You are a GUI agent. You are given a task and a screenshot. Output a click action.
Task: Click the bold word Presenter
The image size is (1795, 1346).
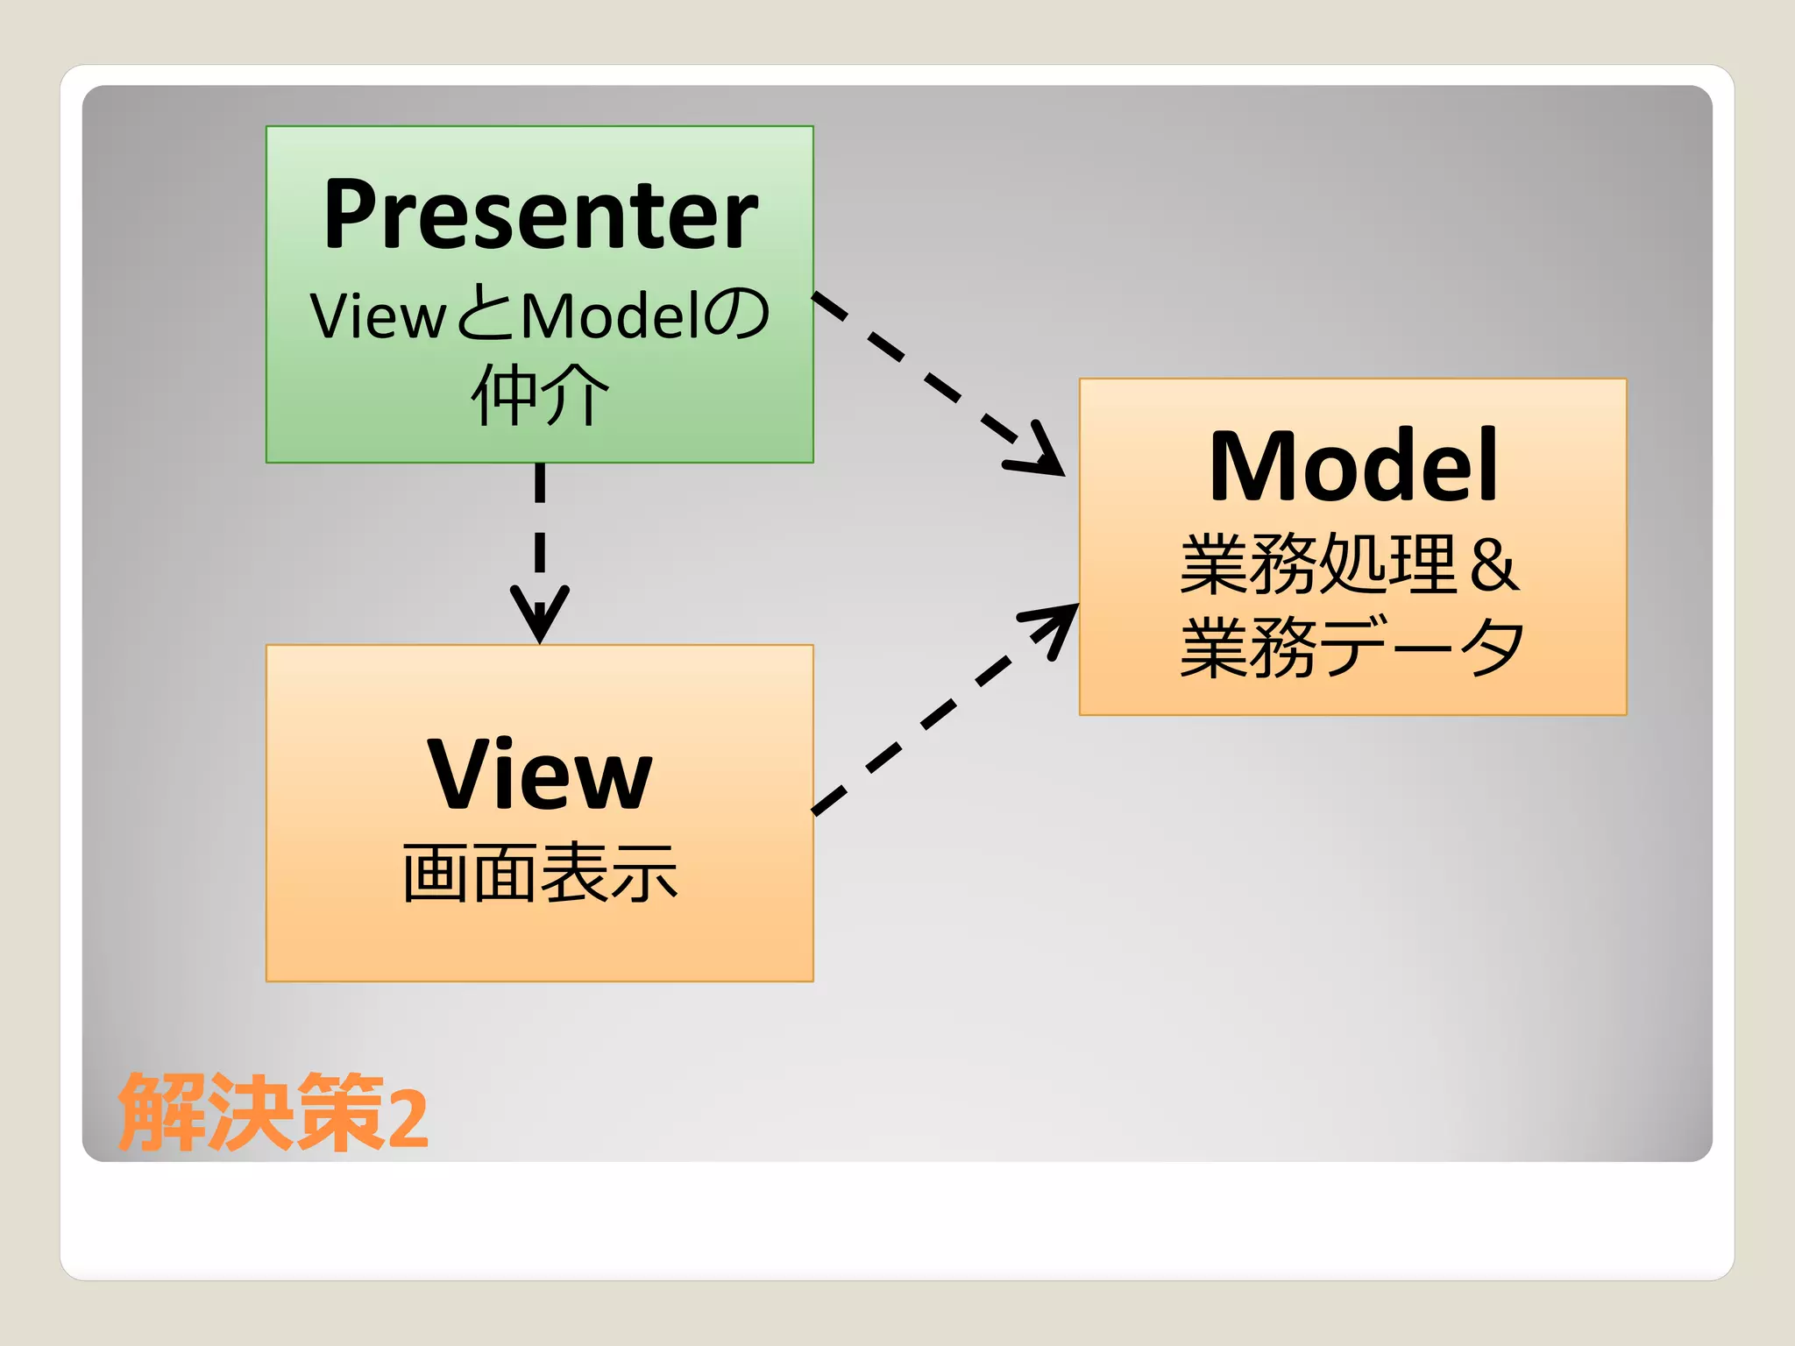tap(540, 216)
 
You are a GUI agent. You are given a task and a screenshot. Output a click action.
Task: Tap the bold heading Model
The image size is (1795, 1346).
tap(1352, 467)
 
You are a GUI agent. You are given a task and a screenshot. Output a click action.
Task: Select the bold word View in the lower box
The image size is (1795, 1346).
tap(540, 775)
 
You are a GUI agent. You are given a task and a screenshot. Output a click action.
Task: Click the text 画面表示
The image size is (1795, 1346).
tap(540, 873)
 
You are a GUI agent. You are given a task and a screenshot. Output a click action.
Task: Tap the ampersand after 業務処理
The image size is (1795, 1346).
tap(1494, 565)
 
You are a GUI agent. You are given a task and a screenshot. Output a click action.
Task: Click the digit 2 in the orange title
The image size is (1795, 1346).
tap(408, 1117)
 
